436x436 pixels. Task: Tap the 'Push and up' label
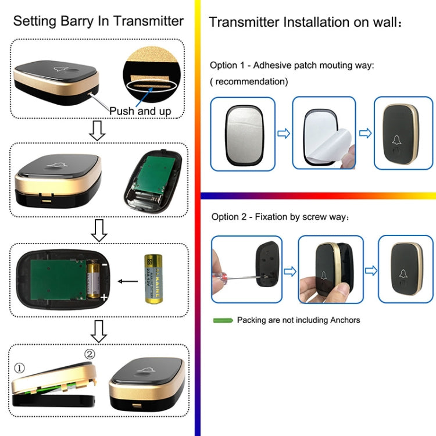click(x=140, y=110)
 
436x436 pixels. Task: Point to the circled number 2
click(x=90, y=354)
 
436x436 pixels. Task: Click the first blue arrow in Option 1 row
click(x=283, y=134)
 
